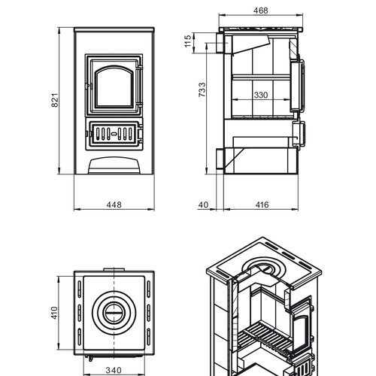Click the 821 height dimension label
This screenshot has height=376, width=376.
pyautogui.click(x=55, y=100)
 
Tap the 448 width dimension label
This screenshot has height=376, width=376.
pyautogui.click(x=114, y=205)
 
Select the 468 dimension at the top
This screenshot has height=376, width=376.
pyautogui.click(x=261, y=11)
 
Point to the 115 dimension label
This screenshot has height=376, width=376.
pyautogui.click(x=188, y=41)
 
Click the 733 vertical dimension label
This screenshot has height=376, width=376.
pyautogui.click(x=202, y=89)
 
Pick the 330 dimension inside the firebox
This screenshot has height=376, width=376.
pyautogui.click(x=261, y=95)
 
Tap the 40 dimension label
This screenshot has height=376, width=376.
pyautogui.click(x=203, y=205)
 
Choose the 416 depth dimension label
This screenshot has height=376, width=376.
pyautogui.click(x=262, y=205)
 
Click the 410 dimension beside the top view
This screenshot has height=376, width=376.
pyautogui.click(x=54, y=313)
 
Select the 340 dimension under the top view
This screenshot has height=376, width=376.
pyautogui.click(x=114, y=370)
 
